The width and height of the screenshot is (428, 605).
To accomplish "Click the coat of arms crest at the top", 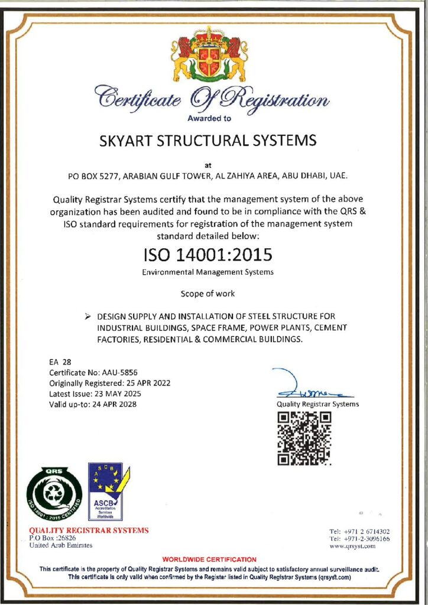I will point(209,57).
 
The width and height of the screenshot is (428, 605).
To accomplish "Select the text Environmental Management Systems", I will point(207,273).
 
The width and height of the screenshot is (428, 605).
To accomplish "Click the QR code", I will point(304,437).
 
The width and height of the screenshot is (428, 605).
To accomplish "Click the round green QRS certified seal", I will point(54,493).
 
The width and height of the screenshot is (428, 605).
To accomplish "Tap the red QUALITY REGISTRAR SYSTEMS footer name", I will point(89,530).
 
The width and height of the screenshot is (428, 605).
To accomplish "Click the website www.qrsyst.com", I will point(353,547).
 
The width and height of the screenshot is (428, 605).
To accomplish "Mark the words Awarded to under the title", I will point(209,118).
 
